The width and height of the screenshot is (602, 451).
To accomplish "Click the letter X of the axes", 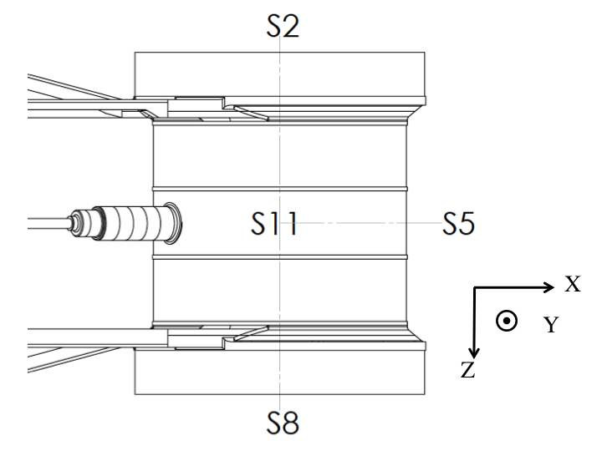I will (572, 285).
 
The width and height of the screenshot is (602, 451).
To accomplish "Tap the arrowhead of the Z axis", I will (474, 352).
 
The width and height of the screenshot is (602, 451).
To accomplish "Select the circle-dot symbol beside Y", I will (506, 321).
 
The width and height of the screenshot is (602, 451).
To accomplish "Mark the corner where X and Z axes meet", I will (474, 288).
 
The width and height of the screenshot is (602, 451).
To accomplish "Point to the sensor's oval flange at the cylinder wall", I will (171, 223).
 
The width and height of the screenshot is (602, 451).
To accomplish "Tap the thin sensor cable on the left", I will (46, 221).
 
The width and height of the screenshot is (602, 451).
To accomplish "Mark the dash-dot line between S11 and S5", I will (368, 223).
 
